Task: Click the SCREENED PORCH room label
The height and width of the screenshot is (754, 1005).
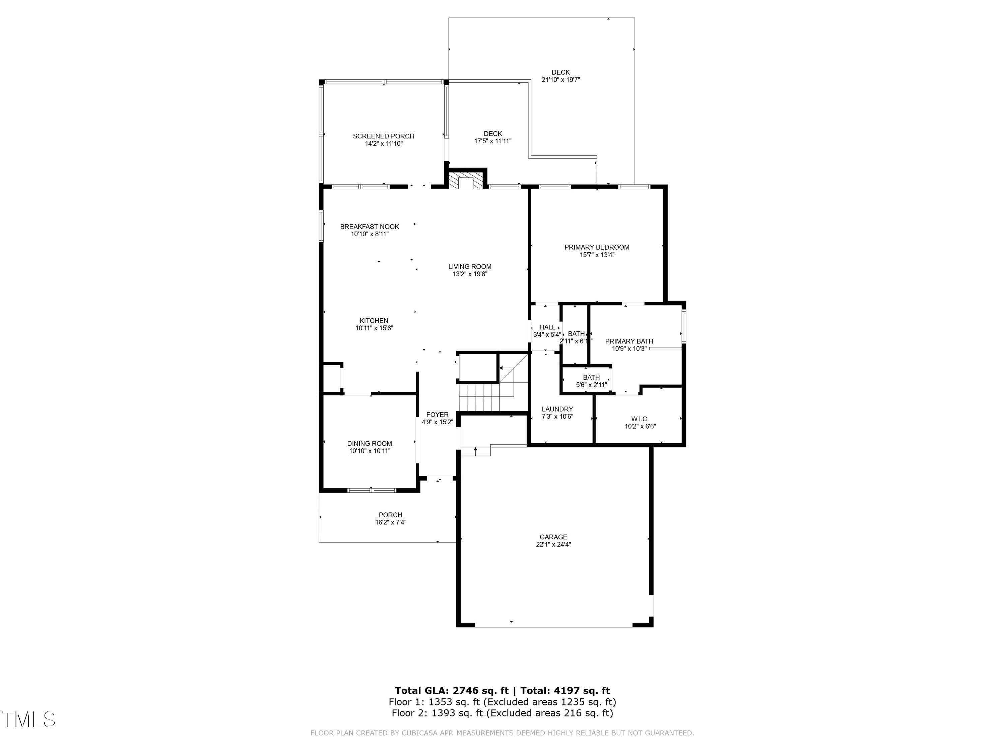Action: pyautogui.click(x=384, y=136)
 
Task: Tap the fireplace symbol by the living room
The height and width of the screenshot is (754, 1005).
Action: pyautogui.click(x=466, y=181)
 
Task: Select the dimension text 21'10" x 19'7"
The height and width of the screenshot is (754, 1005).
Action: pyautogui.click(x=561, y=79)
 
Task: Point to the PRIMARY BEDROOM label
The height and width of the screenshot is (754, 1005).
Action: pyautogui.click(x=597, y=247)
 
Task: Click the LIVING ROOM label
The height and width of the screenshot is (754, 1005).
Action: pyautogui.click(x=470, y=267)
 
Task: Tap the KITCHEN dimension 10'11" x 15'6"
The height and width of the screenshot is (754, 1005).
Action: pyautogui.click(x=374, y=328)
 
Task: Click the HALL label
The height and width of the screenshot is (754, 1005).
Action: pyautogui.click(x=547, y=327)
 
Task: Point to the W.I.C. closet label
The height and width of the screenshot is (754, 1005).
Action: pyautogui.click(x=640, y=419)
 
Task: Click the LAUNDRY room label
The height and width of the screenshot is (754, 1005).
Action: pyautogui.click(x=557, y=409)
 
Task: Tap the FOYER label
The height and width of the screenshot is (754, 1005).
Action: pyautogui.click(x=437, y=415)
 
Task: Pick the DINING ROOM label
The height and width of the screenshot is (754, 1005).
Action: pyautogui.click(x=370, y=444)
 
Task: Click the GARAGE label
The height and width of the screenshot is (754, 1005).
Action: pyautogui.click(x=553, y=537)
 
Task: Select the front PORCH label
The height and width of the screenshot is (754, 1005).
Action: pyautogui.click(x=390, y=515)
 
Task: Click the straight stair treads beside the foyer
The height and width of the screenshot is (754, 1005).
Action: pyautogui.click(x=479, y=397)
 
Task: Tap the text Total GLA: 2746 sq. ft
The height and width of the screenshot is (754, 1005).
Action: pyautogui.click(x=451, y=691)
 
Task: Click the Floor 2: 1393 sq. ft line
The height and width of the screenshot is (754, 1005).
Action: pyautogui.click(x=502, y=713)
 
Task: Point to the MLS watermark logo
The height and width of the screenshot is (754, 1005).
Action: pyautogui.click(x=28, y=719)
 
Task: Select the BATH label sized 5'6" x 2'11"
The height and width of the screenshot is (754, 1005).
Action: pyautogui.click(x=591, y=378)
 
